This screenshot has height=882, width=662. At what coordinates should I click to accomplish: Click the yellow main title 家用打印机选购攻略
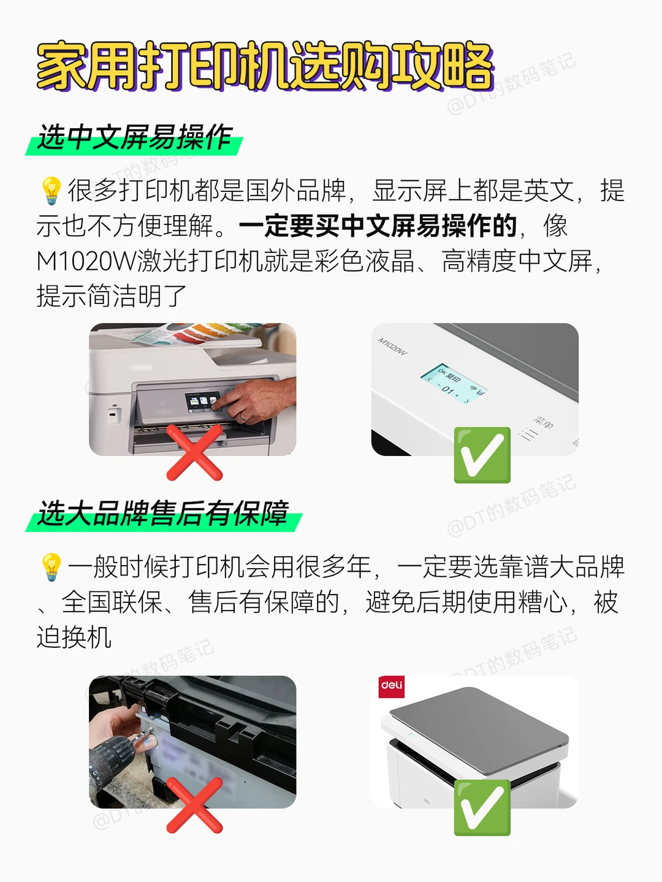pyautogui.click(x=265, y=66)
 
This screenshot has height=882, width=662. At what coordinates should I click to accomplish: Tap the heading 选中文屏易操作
pyautogui.click(x=135, y=137)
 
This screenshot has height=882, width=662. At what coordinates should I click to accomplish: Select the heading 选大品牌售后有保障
pyautogui.click(x=162, y=514)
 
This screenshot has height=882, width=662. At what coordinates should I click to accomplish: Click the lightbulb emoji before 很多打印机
pyautogui.click(x=51, y=191)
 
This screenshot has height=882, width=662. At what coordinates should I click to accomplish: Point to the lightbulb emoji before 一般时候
pyautogui.click(x=51, y=567)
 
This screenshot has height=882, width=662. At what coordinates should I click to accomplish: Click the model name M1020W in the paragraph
pyautogui.click(x=86, y=261)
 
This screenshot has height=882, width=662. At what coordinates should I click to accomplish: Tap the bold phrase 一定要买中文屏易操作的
pyautogui.click(x=378, y=226)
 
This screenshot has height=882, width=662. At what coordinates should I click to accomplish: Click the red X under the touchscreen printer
pyautogui.click(x=194, y=452)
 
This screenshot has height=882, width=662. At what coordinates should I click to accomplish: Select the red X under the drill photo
pyautogui.click(x=194, y=805)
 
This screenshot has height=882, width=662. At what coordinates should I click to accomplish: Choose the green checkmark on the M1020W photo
pyautogui.click(x=482, y=455)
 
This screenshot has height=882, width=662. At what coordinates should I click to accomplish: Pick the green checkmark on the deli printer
pyautogui.click(x=482, y=808)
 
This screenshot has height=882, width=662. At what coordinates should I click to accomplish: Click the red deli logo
pyautogui.click(x=392, y=687)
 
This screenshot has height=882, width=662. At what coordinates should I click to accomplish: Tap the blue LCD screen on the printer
pyautogui.click(x=454, y=384)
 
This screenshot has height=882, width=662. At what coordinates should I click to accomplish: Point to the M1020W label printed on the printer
pyautogui.click(x=392, y=347)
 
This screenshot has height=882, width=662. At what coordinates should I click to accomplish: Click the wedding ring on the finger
pyautogui.click(x=243, y=416)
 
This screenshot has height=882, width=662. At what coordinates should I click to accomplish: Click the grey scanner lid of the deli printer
pyautogui.click(x=479, y=729)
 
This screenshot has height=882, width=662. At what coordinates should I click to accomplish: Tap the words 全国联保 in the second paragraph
pyautogui.click(x=112, y=602)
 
